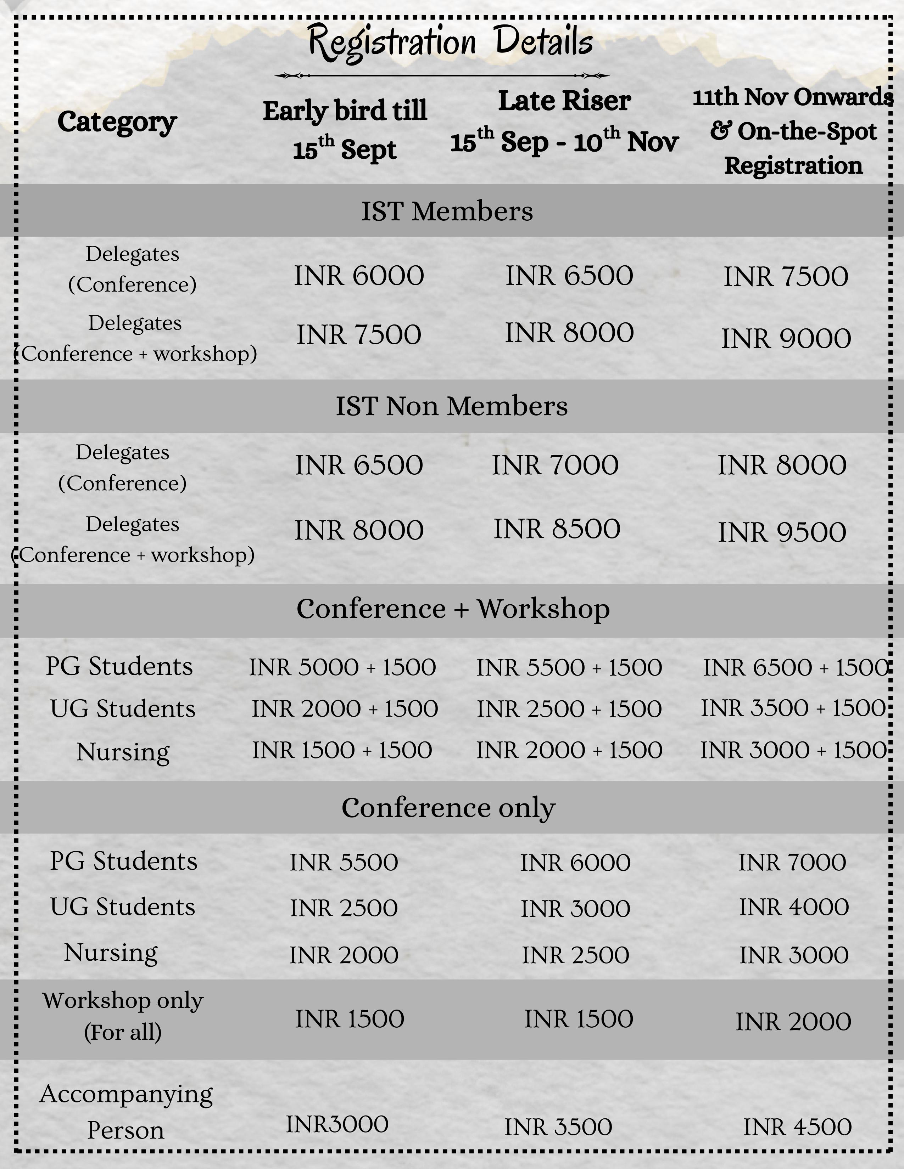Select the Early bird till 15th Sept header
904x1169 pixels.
pos(345,130)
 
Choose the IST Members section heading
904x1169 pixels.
pos(447,211)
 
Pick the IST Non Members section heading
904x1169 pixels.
pos(451,406)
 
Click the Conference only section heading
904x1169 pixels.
pos(449,808)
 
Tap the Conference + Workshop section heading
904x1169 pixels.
pos(453,609)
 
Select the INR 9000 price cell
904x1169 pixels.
pos(786,339)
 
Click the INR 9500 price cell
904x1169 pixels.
pos(782,532)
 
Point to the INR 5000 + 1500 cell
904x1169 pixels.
pos(342,667)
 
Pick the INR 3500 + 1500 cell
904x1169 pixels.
pos(794,708)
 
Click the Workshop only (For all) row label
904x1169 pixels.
pos(123,1016)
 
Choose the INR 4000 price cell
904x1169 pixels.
pos(794,907)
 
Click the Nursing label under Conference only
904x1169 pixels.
pos(111,953)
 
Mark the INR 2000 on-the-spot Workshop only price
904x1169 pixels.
pos(793,1022)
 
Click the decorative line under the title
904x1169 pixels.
pos(442,75)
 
